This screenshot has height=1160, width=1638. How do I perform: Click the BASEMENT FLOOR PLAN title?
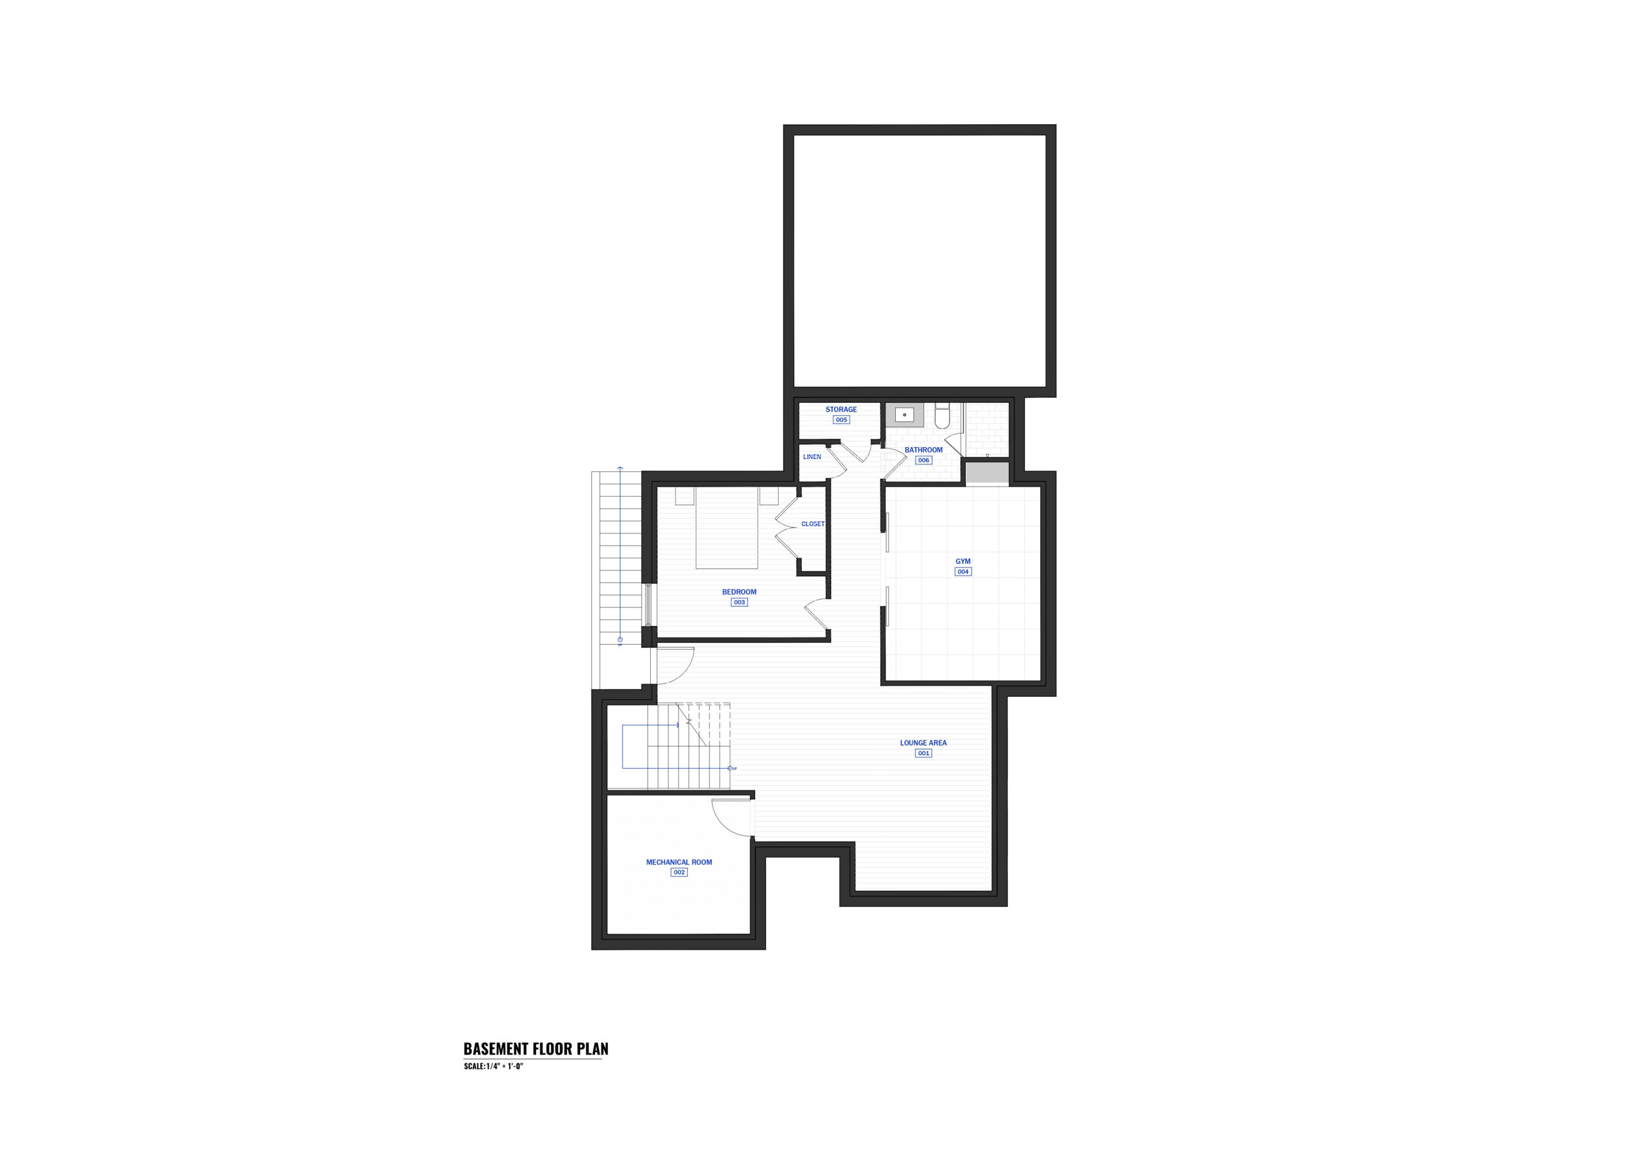(536, 1049)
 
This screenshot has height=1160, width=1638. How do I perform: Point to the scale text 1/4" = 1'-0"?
(500, 1067)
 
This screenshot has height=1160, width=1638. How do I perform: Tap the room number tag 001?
(923, 753)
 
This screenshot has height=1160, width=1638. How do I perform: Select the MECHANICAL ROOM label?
(679, 862)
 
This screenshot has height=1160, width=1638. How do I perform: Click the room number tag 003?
(739, 602)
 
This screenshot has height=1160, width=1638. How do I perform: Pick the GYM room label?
(963, 561)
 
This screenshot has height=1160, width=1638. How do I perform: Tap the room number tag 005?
(841, 420)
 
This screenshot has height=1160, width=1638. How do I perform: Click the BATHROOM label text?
(923, 450)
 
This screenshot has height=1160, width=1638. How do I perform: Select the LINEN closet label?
(812, 457)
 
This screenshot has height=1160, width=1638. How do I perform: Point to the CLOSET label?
(813, 524)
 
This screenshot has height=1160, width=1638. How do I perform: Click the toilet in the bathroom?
(942, 416)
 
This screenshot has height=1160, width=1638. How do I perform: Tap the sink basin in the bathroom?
(905, 414)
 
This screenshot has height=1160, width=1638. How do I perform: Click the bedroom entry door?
(817, 615)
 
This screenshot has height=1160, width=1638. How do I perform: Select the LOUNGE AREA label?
(923, 743)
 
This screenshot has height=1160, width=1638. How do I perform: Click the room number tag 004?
(963, 572)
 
